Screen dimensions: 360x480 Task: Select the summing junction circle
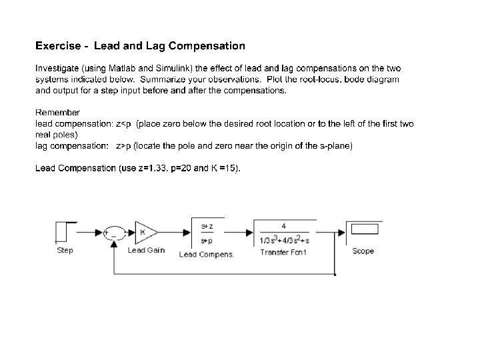[x=115, y=232]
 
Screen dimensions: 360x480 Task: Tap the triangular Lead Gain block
[x=145, y=232]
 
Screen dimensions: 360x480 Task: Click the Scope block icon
[x=363, y=232]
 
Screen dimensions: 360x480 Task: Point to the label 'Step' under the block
[x=65, y=251]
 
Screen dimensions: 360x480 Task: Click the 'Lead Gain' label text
[x=146, y=251]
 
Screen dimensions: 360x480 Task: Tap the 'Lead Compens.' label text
[x=207, y=254]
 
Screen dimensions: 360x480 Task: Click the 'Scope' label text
[x=363, y=251]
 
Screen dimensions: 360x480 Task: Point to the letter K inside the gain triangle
[x=143, y=232]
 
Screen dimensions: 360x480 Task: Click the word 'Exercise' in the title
[x=58, y=46]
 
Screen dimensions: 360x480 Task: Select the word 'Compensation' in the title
[x=207, y=46]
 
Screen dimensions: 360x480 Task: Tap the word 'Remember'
[x=57, y=113]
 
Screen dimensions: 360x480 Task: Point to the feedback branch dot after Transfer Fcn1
[x=334, y=274]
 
